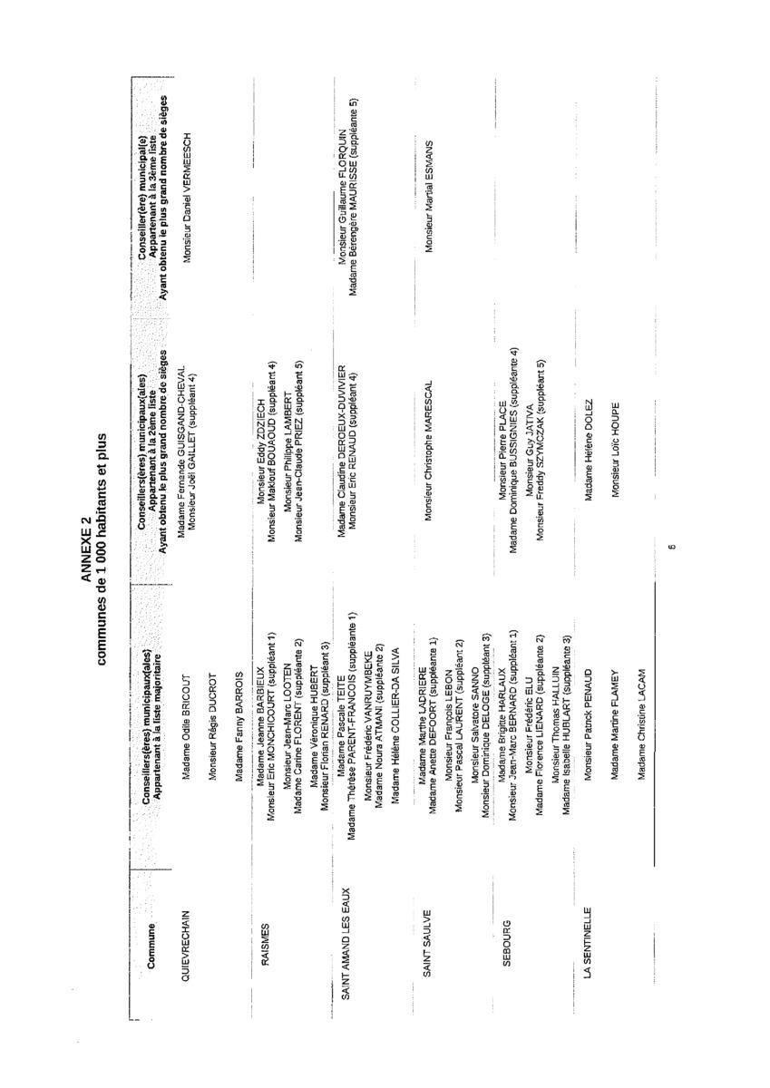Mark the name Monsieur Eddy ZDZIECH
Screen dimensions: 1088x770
(261, 449)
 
